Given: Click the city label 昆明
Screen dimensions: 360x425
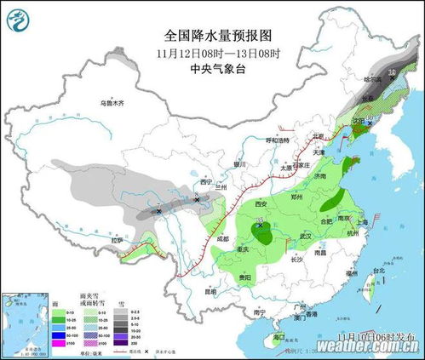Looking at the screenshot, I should (198, 291).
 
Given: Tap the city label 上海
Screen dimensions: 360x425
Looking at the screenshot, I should (362, 221).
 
